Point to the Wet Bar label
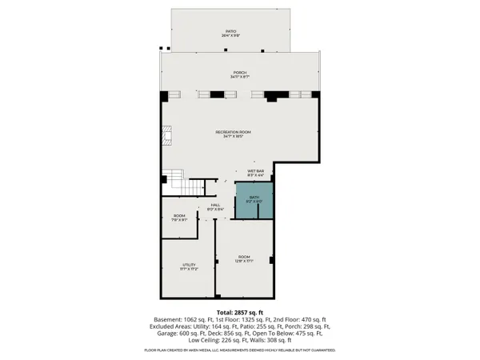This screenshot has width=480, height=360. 256,172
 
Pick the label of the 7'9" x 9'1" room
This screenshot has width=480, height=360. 179,218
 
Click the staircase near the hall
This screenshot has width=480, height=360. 178,183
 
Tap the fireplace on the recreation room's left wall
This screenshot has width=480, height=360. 167,138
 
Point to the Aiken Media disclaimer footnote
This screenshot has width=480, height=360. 240,350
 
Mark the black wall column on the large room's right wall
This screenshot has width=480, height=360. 272,260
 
